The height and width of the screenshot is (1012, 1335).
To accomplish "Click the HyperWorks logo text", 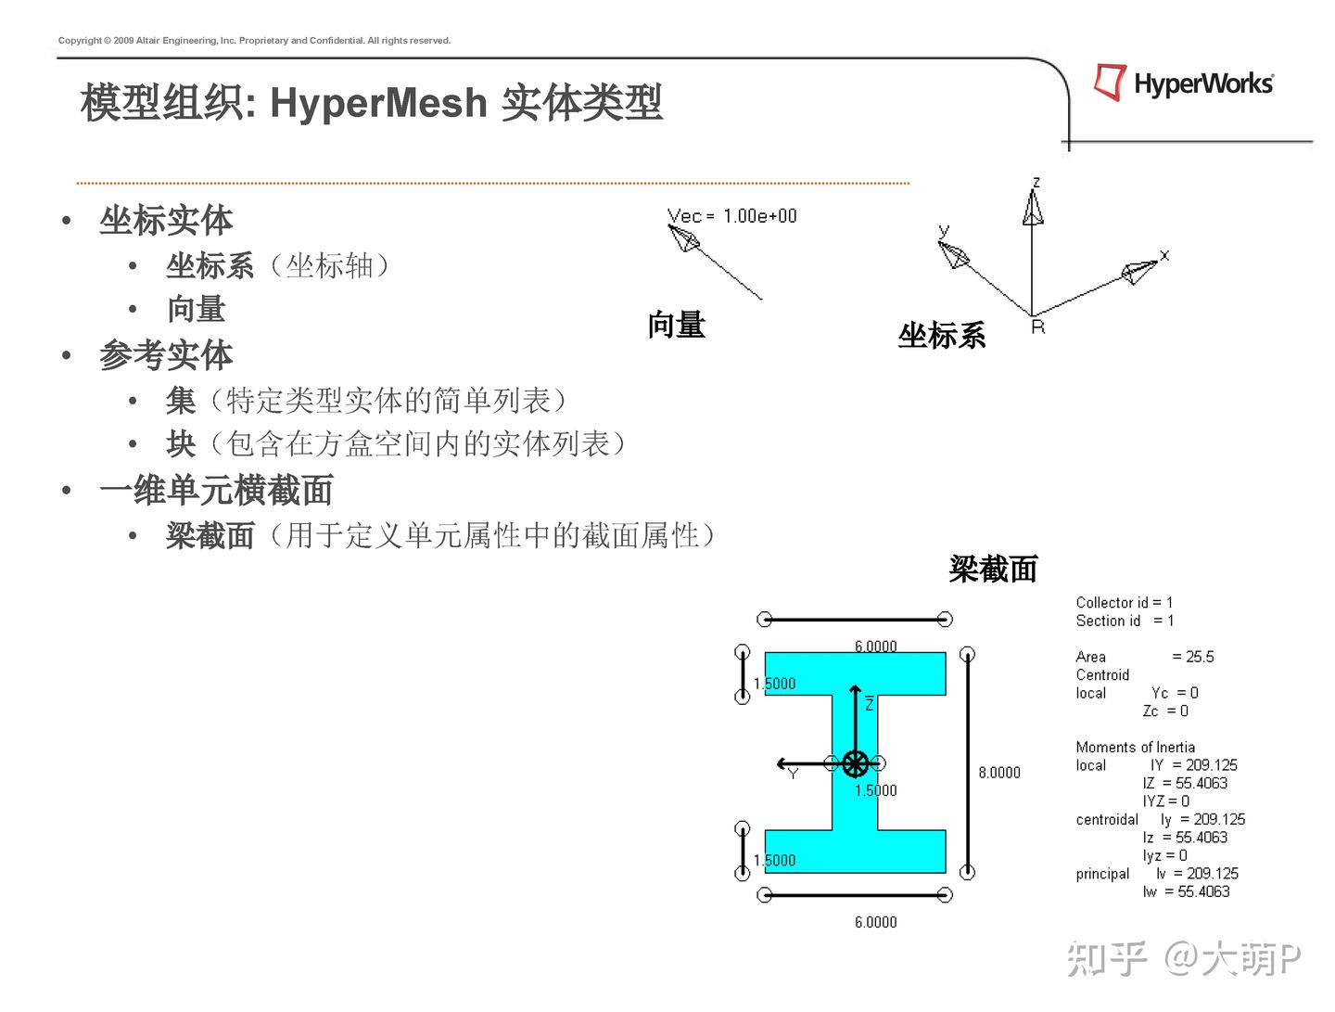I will point(1203,84).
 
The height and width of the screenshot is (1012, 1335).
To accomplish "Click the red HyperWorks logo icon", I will point(1109,82).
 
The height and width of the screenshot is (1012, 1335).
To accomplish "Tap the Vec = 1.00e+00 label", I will point(731,216).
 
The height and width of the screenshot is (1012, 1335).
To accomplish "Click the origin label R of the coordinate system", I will point(1037,327).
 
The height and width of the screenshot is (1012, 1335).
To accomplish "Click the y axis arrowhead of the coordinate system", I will point(953,252).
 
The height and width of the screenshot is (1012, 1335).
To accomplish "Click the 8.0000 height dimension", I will point(999,773).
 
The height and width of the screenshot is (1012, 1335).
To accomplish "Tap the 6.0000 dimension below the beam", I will point(875,922).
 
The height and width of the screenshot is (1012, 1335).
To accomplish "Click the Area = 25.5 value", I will point(1193,657).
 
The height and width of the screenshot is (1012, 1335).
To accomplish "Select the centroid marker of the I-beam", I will point(855,764).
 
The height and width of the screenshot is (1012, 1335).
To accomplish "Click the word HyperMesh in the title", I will point(378,103).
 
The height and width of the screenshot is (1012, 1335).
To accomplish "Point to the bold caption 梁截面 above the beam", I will point(993,570).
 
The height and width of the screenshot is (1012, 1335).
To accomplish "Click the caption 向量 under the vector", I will point(676,326).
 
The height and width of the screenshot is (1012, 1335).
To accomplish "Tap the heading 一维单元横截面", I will point(216,491).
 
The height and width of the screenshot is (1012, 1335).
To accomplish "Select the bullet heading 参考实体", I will point(166,355).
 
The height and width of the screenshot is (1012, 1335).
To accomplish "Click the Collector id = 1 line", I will point(1124,603).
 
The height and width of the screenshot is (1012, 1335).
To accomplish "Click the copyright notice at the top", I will point(254,41).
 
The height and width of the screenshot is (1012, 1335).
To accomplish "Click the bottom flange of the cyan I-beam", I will point(855,852).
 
